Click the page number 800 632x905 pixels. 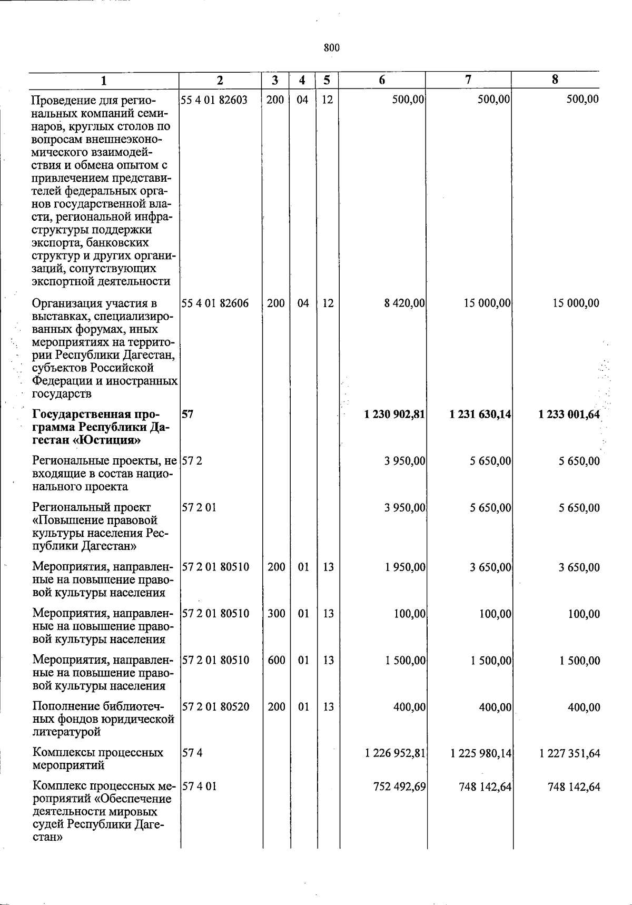pos(331,48)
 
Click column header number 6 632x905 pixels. pos(381,80)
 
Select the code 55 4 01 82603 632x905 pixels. pos(214,100)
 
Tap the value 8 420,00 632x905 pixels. pos(404,303)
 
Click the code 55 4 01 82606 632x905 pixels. pos(215,303)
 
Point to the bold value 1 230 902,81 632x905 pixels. pos(394,415)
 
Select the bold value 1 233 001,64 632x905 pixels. pos(569,415)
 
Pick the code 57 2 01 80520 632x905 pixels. pos(216,706)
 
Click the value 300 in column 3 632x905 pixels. pos(276,614)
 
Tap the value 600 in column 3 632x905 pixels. pos(276,660)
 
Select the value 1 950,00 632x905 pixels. pos(405,567)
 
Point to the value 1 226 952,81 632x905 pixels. pos(395,753)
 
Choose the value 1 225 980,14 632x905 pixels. pos(481,753)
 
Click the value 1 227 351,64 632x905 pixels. pos(569,753)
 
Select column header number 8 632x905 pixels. pos(555,80)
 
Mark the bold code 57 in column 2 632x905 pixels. pos(187,415)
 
